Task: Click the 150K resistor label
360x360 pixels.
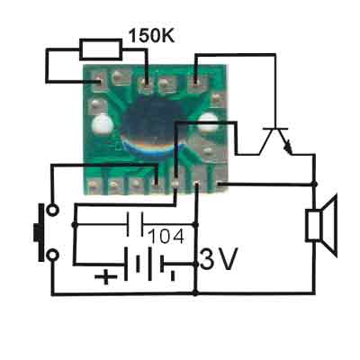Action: click(x=151, y=36)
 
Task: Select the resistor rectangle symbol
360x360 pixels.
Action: click(x=101, y=49)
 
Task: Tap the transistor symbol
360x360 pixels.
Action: click(x=275, y=141)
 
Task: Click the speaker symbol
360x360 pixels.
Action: click(x=321, y=226)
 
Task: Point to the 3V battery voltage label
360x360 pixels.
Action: click(x=219, y=258)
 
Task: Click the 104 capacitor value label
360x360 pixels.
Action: click(x=166, y=237)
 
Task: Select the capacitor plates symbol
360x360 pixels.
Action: click(x=135, y=224)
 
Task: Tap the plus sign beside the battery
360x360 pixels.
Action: click(x=106, y=276)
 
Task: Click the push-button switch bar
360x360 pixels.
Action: click(x=40, y=232)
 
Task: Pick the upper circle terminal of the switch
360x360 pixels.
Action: click(x=52, y=210)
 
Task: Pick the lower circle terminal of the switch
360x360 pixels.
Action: click(x=52, y=256)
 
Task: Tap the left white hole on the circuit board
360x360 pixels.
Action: click(x=102, y=124)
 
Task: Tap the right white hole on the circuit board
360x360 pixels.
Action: click(x=208, y=122)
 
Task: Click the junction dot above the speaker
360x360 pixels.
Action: click(x=314, y=184)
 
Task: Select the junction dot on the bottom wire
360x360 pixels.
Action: click(x=195, y=292)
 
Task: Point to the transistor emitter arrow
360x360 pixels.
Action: click(x=289, y=147)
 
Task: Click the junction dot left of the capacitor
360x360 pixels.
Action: click(x=74, y=224)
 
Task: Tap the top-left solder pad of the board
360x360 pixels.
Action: click(x=98, y=82)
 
